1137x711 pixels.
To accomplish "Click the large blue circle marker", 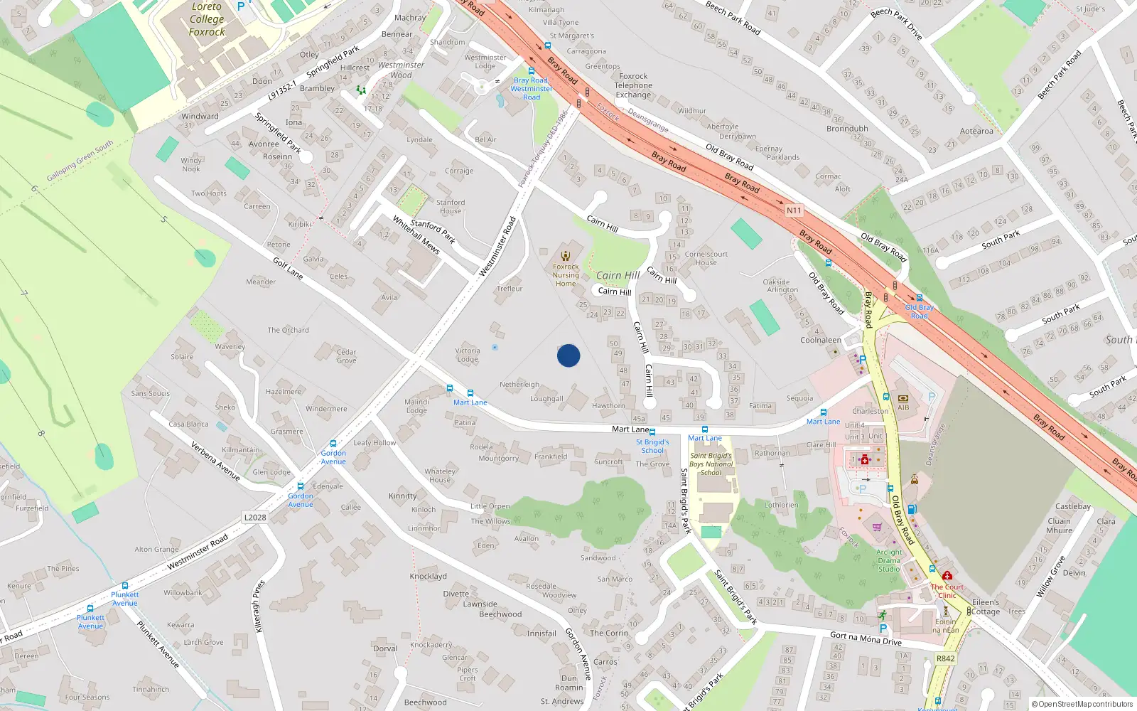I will tap(568, 355).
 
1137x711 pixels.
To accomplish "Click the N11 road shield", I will tap(794, 210).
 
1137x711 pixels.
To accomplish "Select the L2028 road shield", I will tap(255, 517).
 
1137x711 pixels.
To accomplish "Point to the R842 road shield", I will tap(945, 658).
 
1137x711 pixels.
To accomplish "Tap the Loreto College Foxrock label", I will tap(207, 19).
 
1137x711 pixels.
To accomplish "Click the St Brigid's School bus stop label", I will tap(652, 446).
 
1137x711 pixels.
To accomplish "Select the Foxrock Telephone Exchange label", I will tap(633, 85).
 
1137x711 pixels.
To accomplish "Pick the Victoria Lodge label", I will tap(468, 355).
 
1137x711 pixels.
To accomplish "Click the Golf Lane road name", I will tap(288, 268).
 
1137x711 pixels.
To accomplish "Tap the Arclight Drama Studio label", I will tap(889, 560).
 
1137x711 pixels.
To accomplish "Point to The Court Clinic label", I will tap(947, 591).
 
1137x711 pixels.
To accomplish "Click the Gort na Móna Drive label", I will tap(866, 638).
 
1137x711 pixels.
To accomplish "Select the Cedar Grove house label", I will tap(346, 356).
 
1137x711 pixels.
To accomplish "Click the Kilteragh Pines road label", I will tap(259, 606).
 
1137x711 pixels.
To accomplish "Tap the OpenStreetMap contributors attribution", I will tap(1082, 704).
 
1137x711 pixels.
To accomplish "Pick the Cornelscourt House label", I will tap(706, 258).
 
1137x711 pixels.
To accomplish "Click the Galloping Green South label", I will tap(80, 161).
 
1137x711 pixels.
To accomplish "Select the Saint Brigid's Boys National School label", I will tap(711, 464).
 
